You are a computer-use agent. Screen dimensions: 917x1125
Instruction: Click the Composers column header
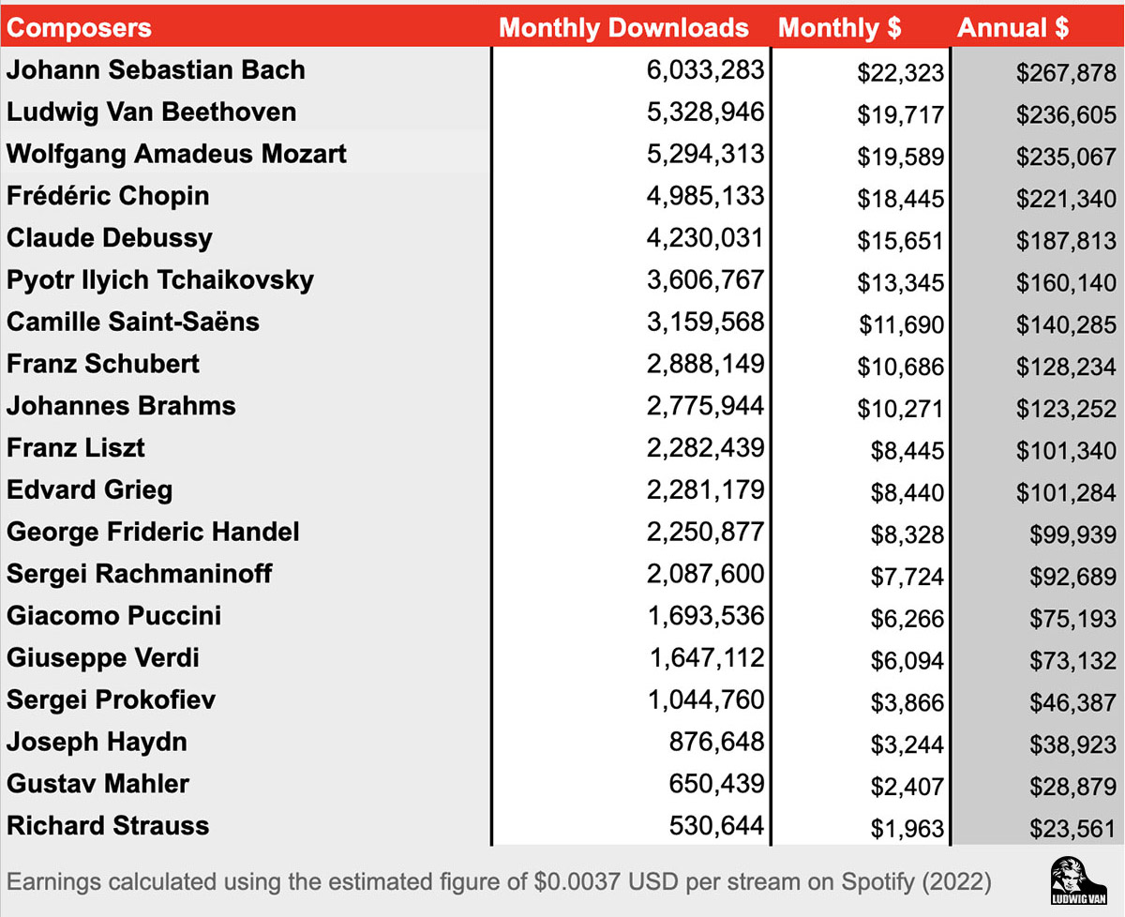(79, 27)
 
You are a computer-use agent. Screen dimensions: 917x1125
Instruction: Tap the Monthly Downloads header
(623, 27)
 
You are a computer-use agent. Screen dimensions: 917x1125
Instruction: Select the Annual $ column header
(1012, 27)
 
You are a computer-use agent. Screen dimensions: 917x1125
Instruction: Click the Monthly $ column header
(839, 27)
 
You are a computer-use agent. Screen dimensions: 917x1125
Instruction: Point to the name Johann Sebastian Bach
(156, 70)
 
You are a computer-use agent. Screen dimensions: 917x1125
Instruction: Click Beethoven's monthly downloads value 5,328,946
(705, 113)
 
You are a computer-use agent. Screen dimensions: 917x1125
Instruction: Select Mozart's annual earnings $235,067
(1066, 157)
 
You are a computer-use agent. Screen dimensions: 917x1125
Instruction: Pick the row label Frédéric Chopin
(108, 196)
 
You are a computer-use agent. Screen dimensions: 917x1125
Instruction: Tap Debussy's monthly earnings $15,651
(899, 241)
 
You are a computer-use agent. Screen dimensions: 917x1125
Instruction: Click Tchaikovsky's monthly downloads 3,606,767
(705, 280)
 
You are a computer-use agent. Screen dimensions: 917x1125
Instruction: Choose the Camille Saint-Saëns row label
(133, 323)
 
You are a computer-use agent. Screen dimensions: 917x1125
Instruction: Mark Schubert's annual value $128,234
(1066, 367)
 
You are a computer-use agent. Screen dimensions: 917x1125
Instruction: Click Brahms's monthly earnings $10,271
(899, 409)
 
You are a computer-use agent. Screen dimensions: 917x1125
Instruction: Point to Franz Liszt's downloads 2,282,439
(705, 448)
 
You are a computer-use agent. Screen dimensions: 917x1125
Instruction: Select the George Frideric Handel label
(153, 533)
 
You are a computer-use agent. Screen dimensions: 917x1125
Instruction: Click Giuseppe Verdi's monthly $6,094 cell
(907, 661)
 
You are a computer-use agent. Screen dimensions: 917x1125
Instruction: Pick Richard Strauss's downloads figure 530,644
(716, 826)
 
